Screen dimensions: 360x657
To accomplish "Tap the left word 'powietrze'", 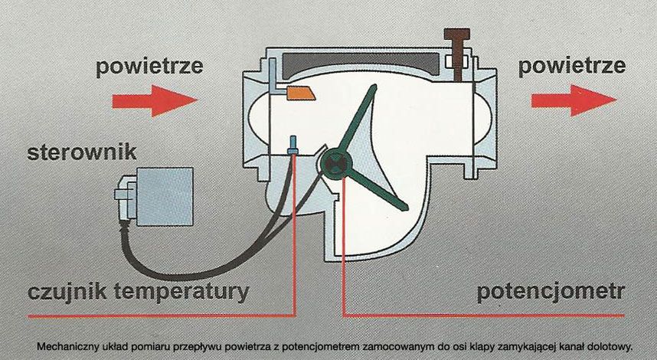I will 149,67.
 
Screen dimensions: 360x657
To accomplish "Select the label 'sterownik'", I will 82,152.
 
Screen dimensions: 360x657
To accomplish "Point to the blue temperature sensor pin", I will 293,146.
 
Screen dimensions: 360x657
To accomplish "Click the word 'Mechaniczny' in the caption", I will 70,345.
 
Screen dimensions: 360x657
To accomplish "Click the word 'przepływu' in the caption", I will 205,345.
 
